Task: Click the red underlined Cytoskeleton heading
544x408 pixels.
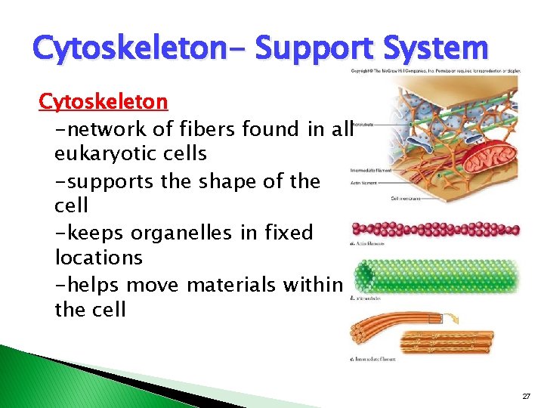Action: point(104,101)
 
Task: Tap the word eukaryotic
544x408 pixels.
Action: point(130,153)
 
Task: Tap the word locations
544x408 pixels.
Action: point(98,258)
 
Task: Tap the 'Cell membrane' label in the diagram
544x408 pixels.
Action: point(406,199)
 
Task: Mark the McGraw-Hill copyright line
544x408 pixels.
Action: point(439,71)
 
